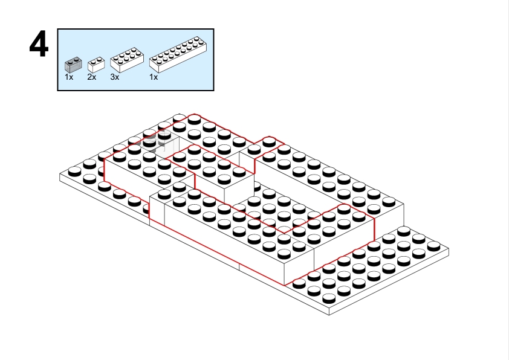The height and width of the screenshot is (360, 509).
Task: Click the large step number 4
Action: pyautogui.click(x=39, y=44)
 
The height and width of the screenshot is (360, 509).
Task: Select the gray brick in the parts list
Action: pyautogui.click(x=73, y=65)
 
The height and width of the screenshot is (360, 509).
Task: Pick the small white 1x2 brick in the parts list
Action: pyautogui.click(x=96, y=65)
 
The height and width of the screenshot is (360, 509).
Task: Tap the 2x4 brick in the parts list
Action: pyautogui.click(x=127, y=60)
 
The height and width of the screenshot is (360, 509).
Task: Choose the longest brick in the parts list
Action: pyautogui.click(x=178, y=54)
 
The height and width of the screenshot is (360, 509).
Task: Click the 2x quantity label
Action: pyautogui.click(x=91, y=77)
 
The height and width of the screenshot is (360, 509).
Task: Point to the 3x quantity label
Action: pyautogui.click(x=115, y=77)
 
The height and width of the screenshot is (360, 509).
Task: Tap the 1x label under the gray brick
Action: pyautogui.click(x=69, y=77)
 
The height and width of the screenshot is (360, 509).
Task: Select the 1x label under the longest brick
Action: pyautogui.click(x=154, y=77)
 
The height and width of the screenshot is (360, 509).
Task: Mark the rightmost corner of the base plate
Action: pyautogui.click(x=449, y=249)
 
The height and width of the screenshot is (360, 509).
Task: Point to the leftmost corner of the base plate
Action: pyautogui.click(x=60, y=175)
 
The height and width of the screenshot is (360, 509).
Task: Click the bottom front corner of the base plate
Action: pyautogui.click(x=329, y=315)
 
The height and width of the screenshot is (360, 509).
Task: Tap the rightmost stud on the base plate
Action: pyautogui.click(x=433, y=246)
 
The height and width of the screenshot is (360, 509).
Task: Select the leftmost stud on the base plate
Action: pyautogui.click(x=75, y=171)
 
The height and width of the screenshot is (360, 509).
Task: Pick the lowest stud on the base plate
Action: pyautogui.click(x=328, y=298)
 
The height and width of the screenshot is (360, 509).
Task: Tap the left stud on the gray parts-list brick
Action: pyautogui.click(x=70, y=61)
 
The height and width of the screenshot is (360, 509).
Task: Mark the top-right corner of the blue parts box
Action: pyautogui.click(x=213, y=29)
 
